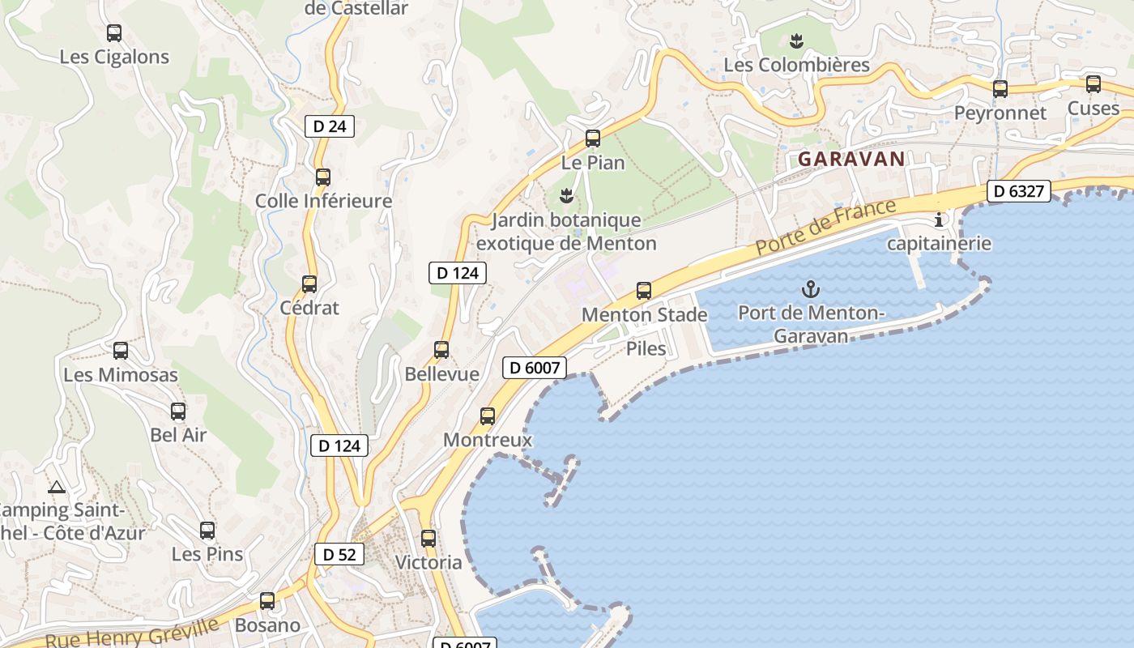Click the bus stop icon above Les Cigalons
coord(114,33)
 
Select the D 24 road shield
coord(330,126)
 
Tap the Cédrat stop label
coord(309,308)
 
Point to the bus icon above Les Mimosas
coord(121,351)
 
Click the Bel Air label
coord(178,435)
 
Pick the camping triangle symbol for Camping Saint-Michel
coord(56,487)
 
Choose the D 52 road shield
coord(339,554)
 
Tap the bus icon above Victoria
coord(428,538)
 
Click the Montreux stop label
coord(488,440)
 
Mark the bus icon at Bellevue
coord(441,350)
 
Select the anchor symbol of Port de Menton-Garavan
coord(809,288)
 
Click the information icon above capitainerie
coord(939,220)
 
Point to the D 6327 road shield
coord(1019,191)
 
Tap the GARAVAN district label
coord(850,159)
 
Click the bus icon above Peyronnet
coord(1000,89)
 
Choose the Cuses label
coord(1093,109)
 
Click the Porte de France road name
coord(827,227)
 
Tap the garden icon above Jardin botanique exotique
coord(567,194)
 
